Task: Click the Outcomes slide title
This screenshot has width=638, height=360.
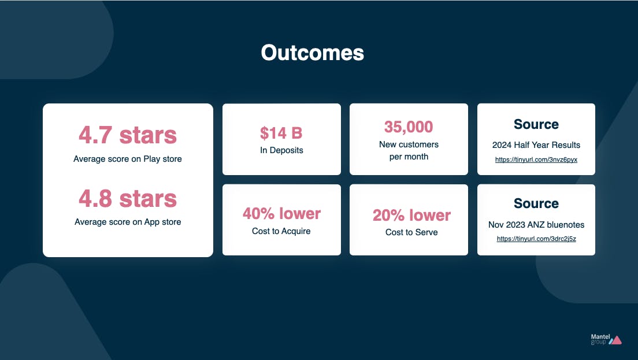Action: tap(313, 53)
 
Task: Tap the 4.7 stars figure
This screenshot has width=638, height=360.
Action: tap(128, 135)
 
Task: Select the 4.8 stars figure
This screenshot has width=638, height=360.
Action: tap(128, 199)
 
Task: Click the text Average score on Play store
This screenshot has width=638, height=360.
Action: tap(127, 159)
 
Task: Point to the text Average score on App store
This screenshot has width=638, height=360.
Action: tap(128, 222)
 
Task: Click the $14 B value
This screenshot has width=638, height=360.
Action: tap(281, 133)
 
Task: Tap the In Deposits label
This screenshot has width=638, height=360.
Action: tap(281, 150)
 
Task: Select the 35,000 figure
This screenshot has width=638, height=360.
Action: tap(409, 127)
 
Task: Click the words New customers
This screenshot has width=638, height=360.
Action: tap(409, 144)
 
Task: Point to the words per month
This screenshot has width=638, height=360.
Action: tap(409, 157)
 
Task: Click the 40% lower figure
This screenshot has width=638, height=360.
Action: tap(281, 214)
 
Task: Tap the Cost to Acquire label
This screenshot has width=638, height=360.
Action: tap(281, 231)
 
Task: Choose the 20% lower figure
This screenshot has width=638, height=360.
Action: tap(411, 215)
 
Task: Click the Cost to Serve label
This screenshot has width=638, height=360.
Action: tap(411, 232)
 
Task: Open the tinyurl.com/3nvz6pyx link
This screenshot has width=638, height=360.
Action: tap(536, 159)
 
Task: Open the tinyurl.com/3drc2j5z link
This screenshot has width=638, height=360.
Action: tap(536, 239)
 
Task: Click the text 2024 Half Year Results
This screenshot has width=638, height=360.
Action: tap(536, 145)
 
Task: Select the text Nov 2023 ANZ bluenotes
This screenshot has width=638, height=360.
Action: tap(536, 225)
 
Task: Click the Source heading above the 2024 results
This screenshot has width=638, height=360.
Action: tap(536, 124)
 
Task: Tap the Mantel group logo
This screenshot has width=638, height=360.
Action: tap(606, 339)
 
